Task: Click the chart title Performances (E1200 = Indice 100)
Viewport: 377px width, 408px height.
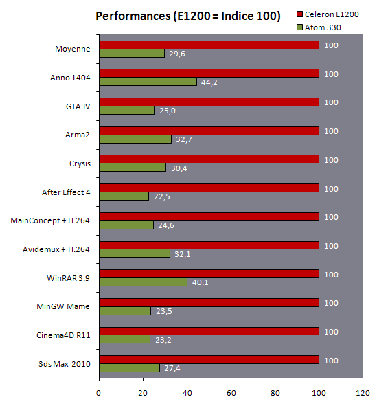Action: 188,16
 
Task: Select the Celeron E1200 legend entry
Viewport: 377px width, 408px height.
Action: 328,14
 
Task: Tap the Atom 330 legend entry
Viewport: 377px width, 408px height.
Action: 319,27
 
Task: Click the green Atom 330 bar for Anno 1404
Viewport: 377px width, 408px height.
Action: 148,82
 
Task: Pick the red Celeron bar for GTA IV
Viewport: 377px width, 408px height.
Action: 209,102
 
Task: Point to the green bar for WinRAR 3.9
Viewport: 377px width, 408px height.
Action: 144,282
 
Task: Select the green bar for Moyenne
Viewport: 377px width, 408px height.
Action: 132,54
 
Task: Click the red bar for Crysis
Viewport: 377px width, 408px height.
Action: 209,159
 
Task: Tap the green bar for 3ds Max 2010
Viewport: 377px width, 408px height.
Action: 130,368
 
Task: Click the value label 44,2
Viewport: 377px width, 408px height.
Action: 209,82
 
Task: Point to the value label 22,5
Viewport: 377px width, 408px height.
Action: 162,196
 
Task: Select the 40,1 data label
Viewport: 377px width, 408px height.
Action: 201,282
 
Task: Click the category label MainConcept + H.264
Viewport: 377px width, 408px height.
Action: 50,220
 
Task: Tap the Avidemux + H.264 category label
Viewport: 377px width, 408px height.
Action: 56,249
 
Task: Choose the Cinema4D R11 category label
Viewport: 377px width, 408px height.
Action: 63,335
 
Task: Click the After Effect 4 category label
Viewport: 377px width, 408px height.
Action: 66,192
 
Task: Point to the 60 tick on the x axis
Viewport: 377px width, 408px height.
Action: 231,393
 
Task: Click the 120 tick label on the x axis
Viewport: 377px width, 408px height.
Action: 363,393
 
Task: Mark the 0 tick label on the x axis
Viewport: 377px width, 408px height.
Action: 98,393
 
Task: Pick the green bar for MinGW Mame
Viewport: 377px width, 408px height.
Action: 125,311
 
